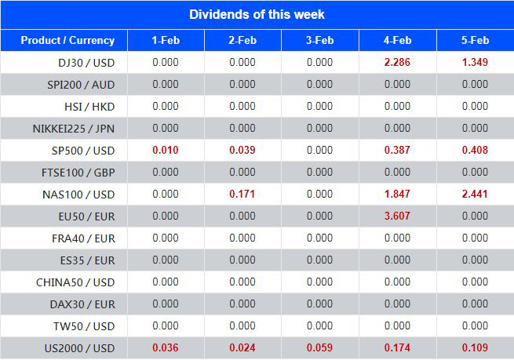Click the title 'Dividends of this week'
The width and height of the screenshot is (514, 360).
pyautogui.click(x=257, y=14)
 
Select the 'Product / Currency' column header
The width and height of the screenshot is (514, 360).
pyautogui.click(x=67, y=41)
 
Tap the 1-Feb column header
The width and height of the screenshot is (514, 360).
pyautogui.click(x=166, y=41)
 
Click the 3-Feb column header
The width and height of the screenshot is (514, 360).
pyautogui.click(x=319, y=41)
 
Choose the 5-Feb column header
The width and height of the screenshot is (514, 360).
pyautogui.click(x=475, y=41)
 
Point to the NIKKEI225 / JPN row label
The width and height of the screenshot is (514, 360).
pyautogui.click(x=74, y=129)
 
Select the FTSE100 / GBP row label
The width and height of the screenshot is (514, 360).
pyautogui.click(x=77, y=173)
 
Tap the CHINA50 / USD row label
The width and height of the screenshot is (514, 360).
pyautogui.click(x=75, y=282)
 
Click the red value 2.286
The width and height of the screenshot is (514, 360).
pyautogui.click(x=397, y=63)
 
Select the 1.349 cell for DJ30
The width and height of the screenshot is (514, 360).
pyautogui.click(x=475, y=63)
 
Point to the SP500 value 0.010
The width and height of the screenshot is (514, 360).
pyautogui.click(x=166, y=151)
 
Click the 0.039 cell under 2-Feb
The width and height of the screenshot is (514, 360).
pyautogui.click(x=242, y=151)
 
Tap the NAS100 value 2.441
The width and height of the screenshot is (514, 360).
pyautogui.click(x=475, y=195)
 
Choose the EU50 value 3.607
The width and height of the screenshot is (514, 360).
pyautogui.click(x=397, y=216)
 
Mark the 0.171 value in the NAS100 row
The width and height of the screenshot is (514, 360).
pyautogui.click(x=242, y=195)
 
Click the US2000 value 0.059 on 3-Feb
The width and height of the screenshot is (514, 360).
pyautogui.click(x=319, y=348)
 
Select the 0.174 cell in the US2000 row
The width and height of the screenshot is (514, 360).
pyautogui.click(x=397, y=348)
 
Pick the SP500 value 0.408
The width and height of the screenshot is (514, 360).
pyautogui.click(x=475, y=151)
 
